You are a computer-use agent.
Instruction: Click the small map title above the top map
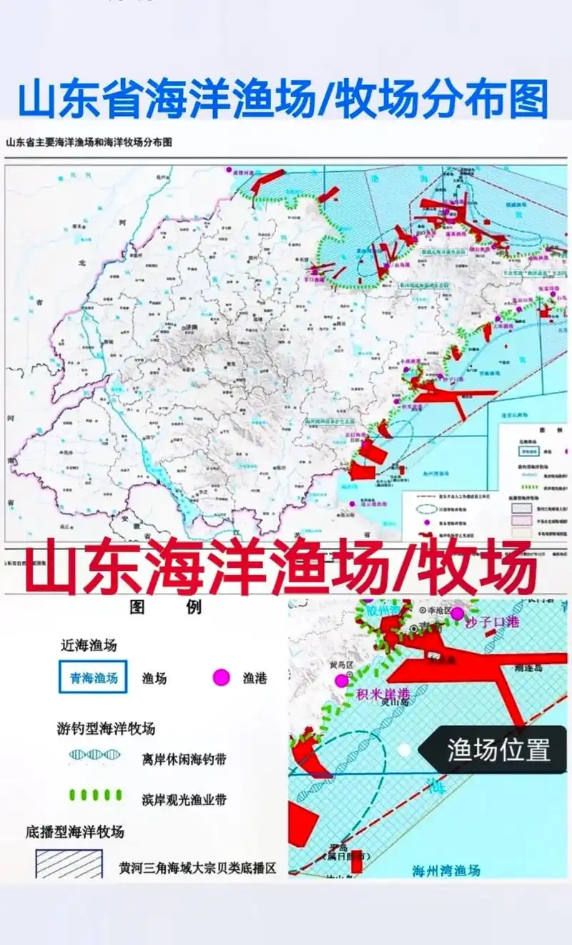click(x=89, y=142)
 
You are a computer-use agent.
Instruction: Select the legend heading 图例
click(x=166, y=608)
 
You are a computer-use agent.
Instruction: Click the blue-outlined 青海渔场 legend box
click(x=93, y=677)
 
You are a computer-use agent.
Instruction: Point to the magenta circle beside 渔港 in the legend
click(x=222, y=677)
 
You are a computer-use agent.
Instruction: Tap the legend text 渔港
click(x=255, y=678)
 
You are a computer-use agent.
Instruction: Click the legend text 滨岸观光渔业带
click(x=179, y=798)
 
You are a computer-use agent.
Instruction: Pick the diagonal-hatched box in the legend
click(x=69, y=863)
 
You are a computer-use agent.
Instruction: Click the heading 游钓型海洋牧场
click(x=106, y=729)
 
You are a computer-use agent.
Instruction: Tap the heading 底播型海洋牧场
click(x=75, y=832)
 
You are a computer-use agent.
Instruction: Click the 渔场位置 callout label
click(x=498, y=750)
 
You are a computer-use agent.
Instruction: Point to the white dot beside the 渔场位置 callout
click(x=404, y=750)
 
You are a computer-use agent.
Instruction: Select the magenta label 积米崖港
click(x=384, y=694)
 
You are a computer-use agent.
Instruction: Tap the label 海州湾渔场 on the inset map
click(x=446, y=871)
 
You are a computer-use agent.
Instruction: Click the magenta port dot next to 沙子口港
click(x=457, y=613)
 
